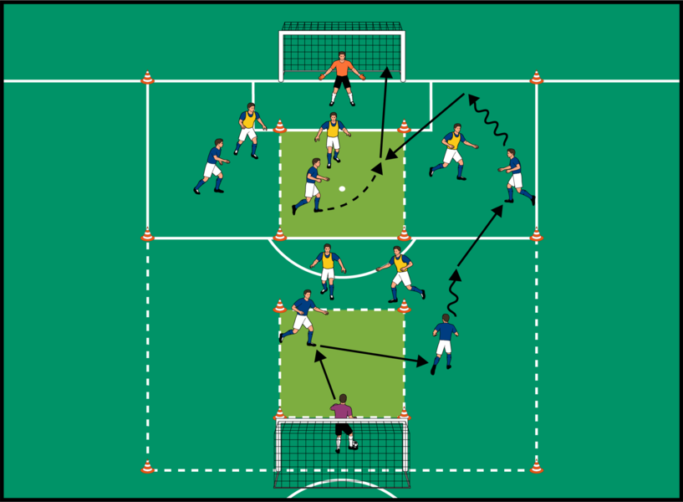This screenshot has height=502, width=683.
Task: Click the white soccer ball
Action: pos(342,189)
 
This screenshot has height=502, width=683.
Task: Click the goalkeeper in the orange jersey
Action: pos(342,77)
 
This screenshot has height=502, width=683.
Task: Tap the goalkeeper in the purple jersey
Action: pos(343,421)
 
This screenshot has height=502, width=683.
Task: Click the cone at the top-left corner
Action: pos(147,78)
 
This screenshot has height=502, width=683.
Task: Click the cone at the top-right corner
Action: pos(536,78)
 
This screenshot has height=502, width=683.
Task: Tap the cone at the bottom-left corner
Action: pos(147,466)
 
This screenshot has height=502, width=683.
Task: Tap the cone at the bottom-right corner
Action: pos(536,466)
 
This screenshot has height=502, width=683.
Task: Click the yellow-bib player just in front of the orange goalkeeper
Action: pos(333,137)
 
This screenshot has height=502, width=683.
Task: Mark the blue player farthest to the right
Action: pos(515,176)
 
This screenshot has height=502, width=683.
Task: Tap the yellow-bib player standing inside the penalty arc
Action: pos(328,269)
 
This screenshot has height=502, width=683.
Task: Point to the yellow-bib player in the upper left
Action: pos(248,129)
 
